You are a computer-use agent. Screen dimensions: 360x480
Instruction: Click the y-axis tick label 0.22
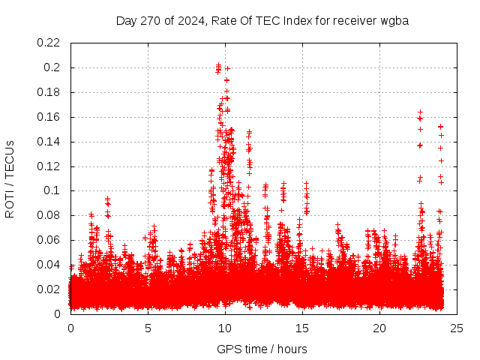[x=49, y=43]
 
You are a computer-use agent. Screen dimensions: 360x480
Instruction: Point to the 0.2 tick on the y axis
[x=52, y=67]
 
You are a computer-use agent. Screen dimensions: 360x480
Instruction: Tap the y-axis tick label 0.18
[x=49, y=92]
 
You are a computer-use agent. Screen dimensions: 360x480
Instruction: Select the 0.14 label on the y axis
[x=49, y=142]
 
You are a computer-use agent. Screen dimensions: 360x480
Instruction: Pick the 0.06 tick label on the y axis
[x=49, y=240]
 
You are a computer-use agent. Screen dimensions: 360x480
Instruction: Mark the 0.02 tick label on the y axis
[x=49, y=289]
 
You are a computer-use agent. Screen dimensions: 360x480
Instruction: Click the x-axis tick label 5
[x=148, y=328]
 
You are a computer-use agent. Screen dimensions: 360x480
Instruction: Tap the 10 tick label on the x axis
[x=225, y=328]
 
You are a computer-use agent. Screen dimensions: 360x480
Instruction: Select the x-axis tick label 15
[x=302, y=328]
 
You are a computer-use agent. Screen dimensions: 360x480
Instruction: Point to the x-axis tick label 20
[x=379, y=328]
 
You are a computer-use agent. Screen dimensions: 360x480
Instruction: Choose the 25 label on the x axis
[x=457, y=328]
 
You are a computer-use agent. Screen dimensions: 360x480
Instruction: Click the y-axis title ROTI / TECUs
[x=10, y=178]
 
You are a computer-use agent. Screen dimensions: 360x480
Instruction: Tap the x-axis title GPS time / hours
[x=262, y=349]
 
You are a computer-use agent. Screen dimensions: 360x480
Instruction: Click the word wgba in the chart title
[x=393, y=20]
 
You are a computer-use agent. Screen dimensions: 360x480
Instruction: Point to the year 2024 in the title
[x=191, y=20]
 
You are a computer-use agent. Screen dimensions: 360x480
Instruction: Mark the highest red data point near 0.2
[x=218, y=65]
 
